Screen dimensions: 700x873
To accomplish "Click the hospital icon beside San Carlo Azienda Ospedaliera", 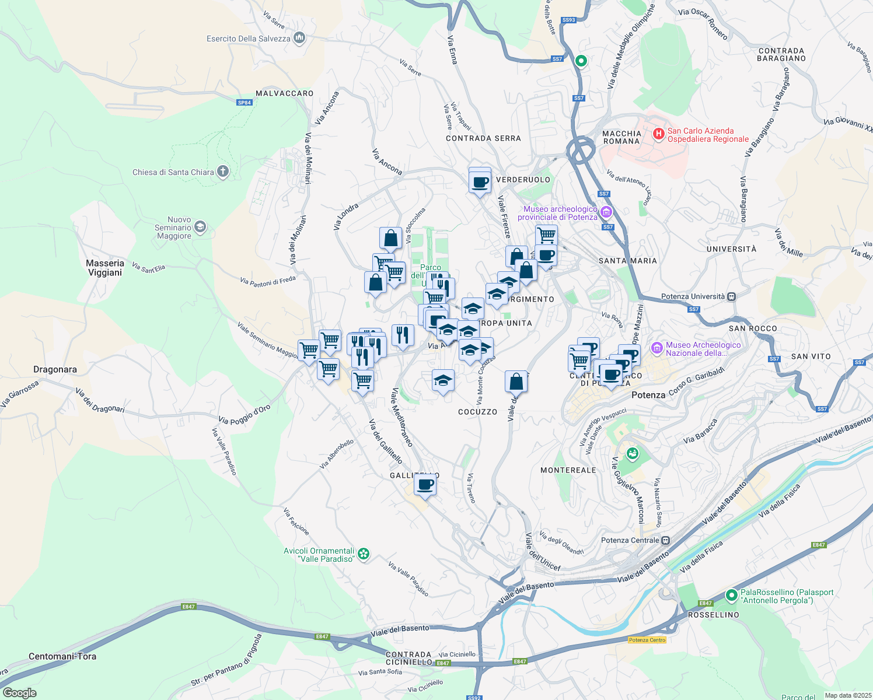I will (x=658, y=135).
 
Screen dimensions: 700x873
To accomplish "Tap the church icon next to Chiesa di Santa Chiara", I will (x=222, y=171).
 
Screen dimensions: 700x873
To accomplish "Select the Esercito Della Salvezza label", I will (x=249, y=38).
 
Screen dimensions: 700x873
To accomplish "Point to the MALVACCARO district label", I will (x=284, y=93).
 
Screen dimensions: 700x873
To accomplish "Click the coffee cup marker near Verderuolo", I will (x=480, y=183).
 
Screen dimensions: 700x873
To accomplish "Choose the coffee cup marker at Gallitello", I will (x=425, y=484).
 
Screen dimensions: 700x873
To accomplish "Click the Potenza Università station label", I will (x=693, y=296).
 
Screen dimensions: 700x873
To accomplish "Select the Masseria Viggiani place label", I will (x=105, y=268).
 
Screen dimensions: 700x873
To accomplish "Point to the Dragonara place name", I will (x=55, y=369).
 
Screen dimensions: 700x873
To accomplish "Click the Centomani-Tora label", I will (x=62, y=656).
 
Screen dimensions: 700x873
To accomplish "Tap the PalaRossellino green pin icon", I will (x=732, y=596).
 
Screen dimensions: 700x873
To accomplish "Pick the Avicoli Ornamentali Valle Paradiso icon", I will (x=364, y=554).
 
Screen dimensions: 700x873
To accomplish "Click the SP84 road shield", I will (x=245, y=103).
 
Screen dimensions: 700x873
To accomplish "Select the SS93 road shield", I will (x=568, y=20).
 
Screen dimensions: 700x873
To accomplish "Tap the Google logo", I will (x=19, y=693).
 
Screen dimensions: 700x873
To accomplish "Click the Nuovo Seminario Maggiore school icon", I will (x=200, y=227).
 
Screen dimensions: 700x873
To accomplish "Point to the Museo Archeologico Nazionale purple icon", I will (x=657, y=348).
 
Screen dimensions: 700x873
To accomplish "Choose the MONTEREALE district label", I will (x=568, y=470).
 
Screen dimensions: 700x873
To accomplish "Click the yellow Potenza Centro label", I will (x=647, y=640).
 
